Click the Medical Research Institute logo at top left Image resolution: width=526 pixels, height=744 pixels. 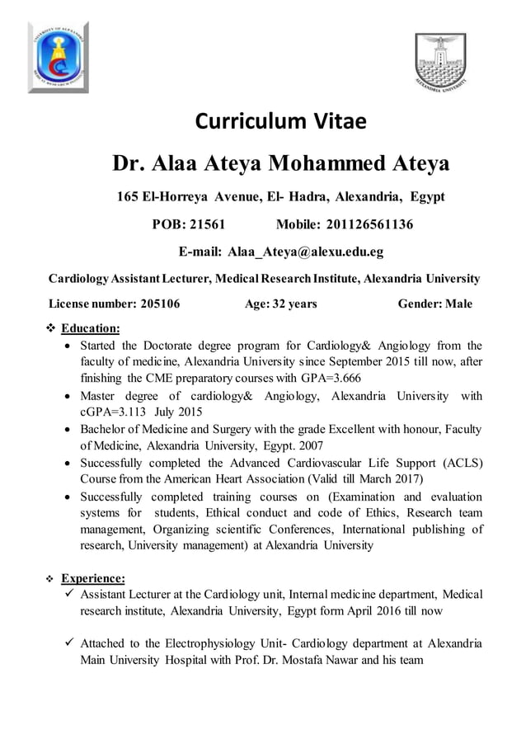tap(58, 57)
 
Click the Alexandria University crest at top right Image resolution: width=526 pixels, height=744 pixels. tap(440, 61)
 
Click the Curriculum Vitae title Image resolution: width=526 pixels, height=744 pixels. tap(279, 123)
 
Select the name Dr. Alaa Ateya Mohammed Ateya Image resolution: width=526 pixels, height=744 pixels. tap(280, 163)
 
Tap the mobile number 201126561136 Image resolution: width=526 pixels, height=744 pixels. tap(369, 224)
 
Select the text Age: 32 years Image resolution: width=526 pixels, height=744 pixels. tap(280, 304)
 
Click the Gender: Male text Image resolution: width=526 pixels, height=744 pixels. tap(434, 304)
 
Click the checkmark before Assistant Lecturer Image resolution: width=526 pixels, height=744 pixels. tap(71, 595)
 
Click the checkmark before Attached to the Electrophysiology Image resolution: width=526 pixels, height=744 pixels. tap(71, 643)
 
